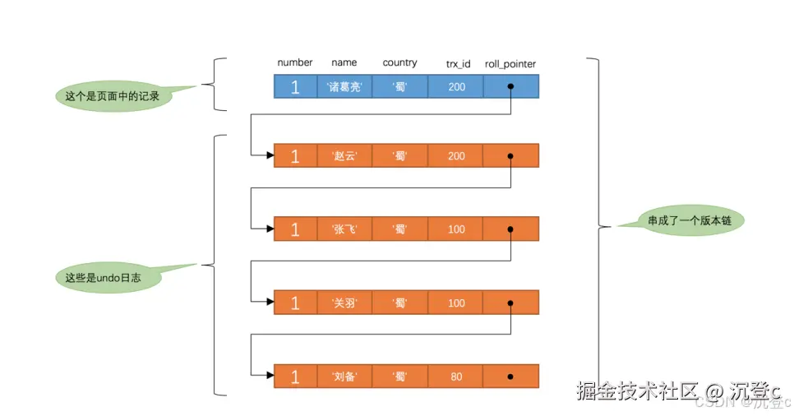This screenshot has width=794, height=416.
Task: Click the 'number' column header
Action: click(295, 62)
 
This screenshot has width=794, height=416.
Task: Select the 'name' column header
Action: click(344, 62)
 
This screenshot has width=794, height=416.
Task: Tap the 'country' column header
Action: click(399, 62)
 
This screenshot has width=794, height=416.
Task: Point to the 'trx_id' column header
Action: click(458, 63)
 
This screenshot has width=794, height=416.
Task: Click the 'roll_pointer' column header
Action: click(510, 63)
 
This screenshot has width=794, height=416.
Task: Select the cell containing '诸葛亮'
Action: click(344, 87)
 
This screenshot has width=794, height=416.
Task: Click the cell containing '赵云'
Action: click(344, 156)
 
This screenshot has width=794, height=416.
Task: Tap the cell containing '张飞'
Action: click(344, 229)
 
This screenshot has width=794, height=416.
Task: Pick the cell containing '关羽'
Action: click(344, 303)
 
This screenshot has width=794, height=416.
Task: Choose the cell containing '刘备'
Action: click(344, 377)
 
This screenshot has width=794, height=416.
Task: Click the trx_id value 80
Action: click(456, 377)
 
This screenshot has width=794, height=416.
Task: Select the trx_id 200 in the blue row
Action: click(456, 87)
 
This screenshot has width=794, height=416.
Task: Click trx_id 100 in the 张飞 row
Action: click(456, 229)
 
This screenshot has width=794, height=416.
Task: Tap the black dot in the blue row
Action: click(510, 86)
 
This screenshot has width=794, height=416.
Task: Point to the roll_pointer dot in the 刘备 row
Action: click(510, 377)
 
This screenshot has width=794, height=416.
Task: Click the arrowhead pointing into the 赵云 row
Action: click(269, 156)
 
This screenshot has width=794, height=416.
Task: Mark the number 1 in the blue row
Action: click(295, 87)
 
